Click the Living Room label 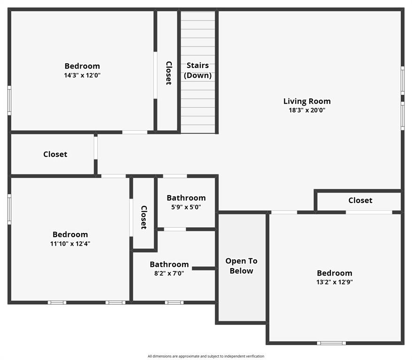tap(307, 101)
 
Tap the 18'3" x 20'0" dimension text tap(307, 111)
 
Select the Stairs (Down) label tap(198, 70)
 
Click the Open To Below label tap(241, 266)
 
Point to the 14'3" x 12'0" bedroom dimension tap(82, 75)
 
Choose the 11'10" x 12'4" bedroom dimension tap(70, 244)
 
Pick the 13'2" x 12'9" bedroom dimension tap(334, 282)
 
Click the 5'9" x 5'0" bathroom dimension tap(186, 207)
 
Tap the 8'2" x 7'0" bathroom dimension tap(169, 273)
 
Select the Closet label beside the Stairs tap(168, 73)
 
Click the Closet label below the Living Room tap(360, 201)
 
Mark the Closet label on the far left tap(55, 154)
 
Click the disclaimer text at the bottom tap(206, 356)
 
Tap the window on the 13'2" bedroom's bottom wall tap(331, 343)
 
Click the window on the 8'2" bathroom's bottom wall tap(174, 302)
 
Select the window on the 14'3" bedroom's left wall tap(9, 100)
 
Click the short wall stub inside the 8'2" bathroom tap(204, 268)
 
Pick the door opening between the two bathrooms tap(175, 229)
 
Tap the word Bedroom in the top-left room tap(82, 66)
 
